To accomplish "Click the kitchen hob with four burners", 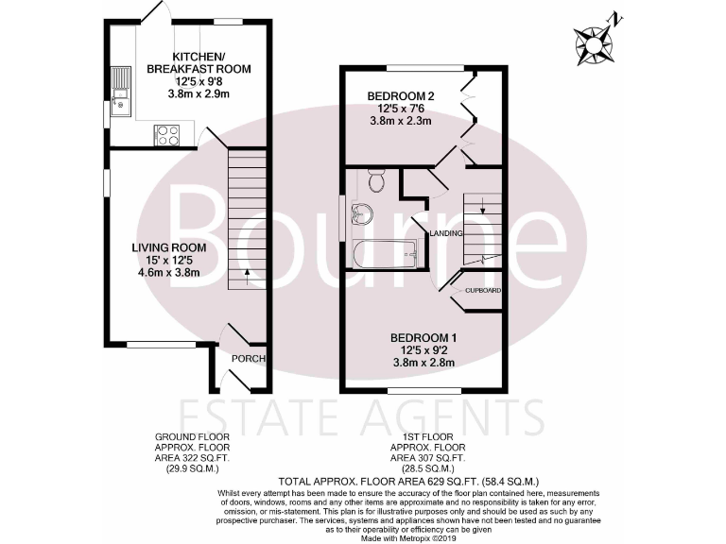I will [x=166, y=134].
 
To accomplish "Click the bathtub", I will [x=383, y=253].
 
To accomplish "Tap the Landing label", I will [x=445, y=232].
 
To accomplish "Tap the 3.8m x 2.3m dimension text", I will [x=401, y=121].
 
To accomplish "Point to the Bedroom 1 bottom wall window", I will [x=424, y=390].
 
